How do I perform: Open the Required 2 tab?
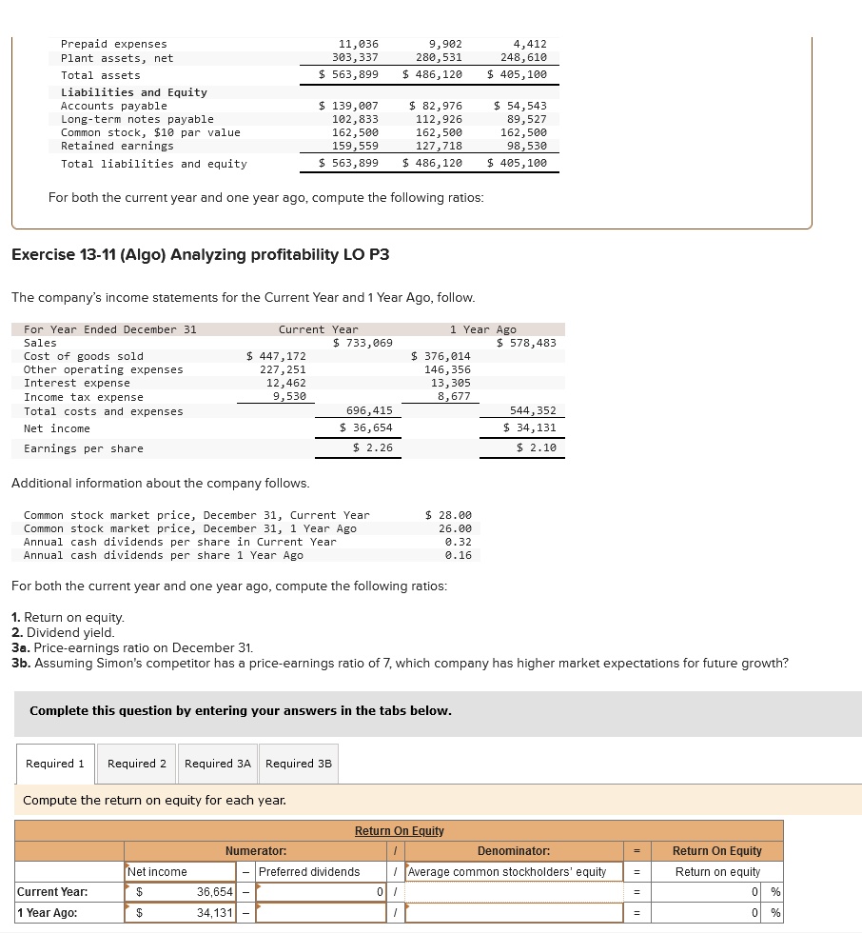[136, 764]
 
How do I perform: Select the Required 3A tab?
[218, 764]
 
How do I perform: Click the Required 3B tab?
[299, 764]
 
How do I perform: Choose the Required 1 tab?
[55, 764]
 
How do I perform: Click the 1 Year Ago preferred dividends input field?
[319, 913]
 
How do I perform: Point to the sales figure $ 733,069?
[362, 343]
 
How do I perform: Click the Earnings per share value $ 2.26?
[372, 448]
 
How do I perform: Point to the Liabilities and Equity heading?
[134, 92]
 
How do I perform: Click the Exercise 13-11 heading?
[200, 255]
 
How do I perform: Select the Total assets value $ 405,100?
[517, 74]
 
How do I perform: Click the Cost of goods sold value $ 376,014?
[441, 356]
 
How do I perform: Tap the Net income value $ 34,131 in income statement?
[530, 428]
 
